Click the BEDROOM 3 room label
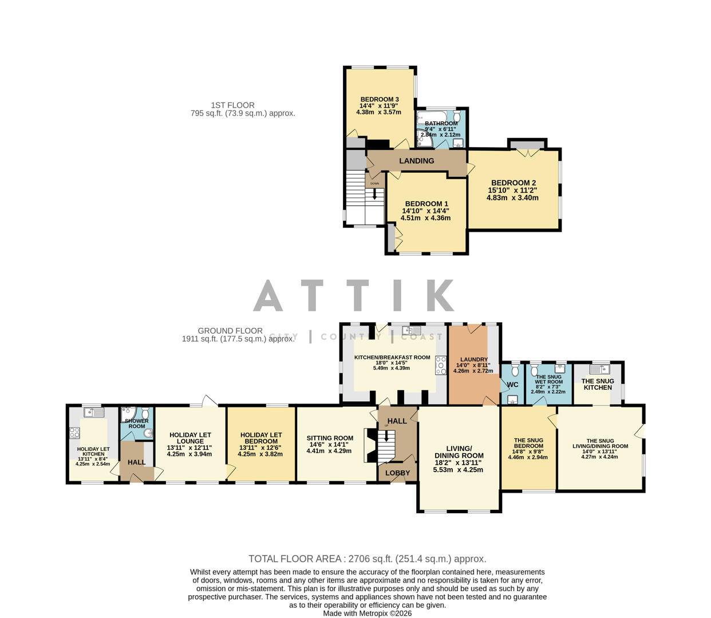(379, 100)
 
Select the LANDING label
(416, 161)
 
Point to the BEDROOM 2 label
(513, 183)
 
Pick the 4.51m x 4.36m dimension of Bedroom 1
(425, 218)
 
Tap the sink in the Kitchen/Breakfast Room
(411, 330)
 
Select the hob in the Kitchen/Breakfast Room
(441, 365)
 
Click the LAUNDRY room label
(473, 359)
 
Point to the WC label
(512, 385)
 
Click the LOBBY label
(397, 473)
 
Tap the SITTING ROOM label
(330, 438)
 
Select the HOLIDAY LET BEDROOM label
(261, 438)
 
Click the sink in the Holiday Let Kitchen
(93, 412)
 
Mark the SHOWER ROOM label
(137, 423)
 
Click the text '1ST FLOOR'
(232, 105)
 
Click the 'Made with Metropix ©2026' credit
(367, 613)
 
